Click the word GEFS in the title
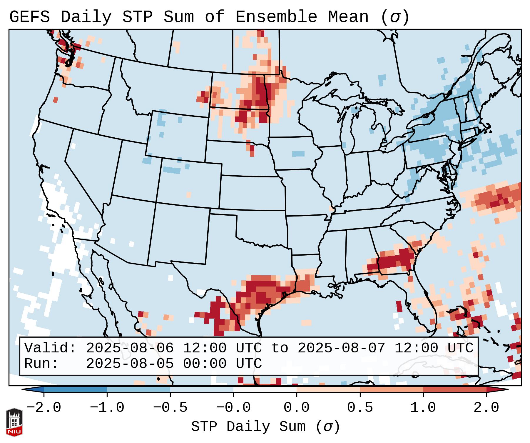pos(29,17)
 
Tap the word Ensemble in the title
pos(276,17)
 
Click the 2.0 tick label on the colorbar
pos(486,408)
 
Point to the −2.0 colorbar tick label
pos(44,408)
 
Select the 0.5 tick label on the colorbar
pos(360,408)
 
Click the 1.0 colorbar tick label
pos(423,408)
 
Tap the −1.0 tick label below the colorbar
pos(107,408)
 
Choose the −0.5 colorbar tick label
pos(170,408)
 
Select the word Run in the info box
pos(37,364)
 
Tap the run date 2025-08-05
pos(130,364)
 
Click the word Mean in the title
pos(348,17)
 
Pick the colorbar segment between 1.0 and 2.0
pos(454,390)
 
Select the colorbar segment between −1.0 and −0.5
pos(138,390)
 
